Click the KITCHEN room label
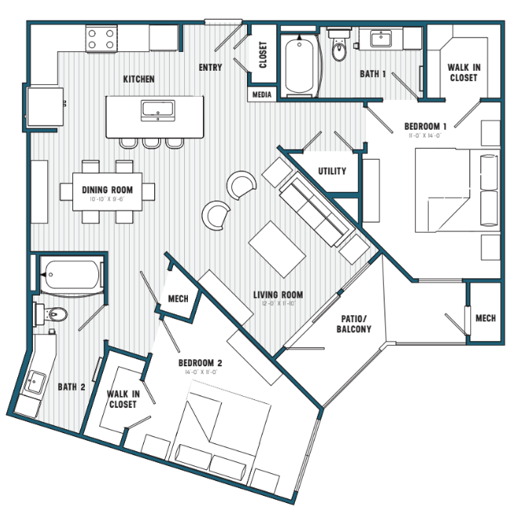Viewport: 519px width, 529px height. tap(138, 79)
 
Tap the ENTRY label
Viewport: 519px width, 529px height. tap(210, 68)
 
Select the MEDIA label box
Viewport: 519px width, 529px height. tap(261, 94)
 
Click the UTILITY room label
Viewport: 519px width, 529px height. tap(332, 171)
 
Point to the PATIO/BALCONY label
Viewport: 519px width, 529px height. tap(355, 324)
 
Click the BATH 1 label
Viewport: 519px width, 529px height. tap(373, 74)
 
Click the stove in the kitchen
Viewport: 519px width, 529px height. tap(101, 39)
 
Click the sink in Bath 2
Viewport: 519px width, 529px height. tap(35, 384)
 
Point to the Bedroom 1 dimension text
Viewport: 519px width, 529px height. tap(425, 136)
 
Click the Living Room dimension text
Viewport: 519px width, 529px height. tap(278, 304)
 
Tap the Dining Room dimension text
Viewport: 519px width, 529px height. tap(107, 199)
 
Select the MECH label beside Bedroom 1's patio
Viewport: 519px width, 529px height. tap(485, 318)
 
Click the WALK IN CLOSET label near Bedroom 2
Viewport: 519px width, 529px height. tap(123, 399)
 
